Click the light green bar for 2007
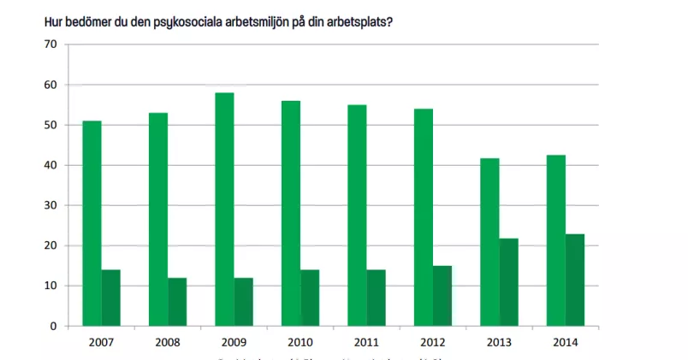(92, 223)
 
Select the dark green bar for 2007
(110, 298)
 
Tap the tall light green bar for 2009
(224, 210)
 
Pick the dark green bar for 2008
(177, 302)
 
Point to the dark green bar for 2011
(376, 298)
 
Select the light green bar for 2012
(424, 217)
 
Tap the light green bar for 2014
(556, 240)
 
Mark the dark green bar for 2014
(575, 280)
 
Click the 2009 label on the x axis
(234, 342)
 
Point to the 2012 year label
(433, 342)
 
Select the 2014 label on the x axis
(566, 342)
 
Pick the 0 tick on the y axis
(52, 326)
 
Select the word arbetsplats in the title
(352, 22)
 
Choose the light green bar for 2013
(489, 242)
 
